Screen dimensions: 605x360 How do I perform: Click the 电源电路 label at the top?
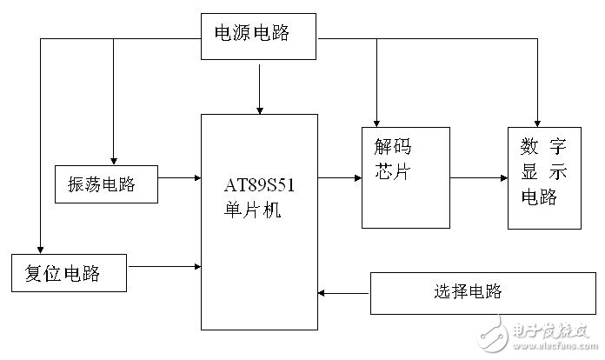pos(251,32)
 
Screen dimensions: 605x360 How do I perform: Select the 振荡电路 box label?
pos(102,184)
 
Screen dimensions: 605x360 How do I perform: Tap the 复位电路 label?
pos(63,273)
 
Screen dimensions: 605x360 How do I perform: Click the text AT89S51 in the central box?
pos(259,185)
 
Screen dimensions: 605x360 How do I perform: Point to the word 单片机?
pos(252,210)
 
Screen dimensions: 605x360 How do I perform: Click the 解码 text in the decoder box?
pos(393,147)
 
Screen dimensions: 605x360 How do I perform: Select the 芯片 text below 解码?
pos(392,171)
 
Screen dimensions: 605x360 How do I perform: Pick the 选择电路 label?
pos(468,291)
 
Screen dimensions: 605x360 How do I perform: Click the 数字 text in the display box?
pos(543,147)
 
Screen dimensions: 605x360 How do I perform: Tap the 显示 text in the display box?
pos(543,171)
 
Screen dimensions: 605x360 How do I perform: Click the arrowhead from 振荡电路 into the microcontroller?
pos(198,178)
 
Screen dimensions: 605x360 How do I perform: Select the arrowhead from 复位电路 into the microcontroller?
pos(198,267)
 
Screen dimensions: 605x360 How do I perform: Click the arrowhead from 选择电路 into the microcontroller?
pos(321,293)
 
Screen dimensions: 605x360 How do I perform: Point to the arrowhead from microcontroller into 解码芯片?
pos(358,178)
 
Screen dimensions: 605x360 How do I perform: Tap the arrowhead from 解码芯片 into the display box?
pos(504,178)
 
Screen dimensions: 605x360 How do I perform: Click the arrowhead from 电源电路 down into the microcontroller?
pos(260,110)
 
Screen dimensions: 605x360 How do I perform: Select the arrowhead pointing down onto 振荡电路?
pos(113,162)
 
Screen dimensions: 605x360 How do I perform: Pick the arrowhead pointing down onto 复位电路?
pos(40,250)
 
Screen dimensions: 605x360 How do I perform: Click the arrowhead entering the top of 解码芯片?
pos(376,123)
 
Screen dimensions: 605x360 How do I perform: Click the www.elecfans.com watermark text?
pos(555,345)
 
